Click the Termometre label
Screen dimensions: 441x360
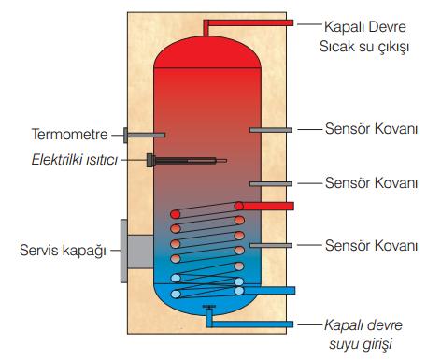click(x=70, y=135)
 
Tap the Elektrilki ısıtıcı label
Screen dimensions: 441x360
click(x=75, y=160)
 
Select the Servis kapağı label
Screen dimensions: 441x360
click(x=63, y=251)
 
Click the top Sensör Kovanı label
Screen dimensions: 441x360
click(x=371, y=129)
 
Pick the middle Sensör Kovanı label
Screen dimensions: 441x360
click(x=371, y=183)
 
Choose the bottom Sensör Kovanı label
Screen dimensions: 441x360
click(x=371, y=246)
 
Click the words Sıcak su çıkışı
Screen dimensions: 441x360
click(x=364, y=47)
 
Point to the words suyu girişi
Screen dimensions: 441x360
click(x=361, y=344)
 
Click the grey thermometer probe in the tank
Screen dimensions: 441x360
click(x=145, y=135)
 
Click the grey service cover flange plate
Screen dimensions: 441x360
click(x=124, y=251)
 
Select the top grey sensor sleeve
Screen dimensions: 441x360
click(x=271, y=130)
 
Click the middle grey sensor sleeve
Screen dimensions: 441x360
click(x=271, y=184)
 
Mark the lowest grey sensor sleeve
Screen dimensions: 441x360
click(x=271, y=246)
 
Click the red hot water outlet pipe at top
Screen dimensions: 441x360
click(x=249, y=22)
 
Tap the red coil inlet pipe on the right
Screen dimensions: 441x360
click(x=268, y=206)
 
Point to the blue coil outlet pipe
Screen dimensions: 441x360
click(x=268, y=291)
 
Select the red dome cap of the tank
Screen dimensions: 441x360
click(x=207, y=52)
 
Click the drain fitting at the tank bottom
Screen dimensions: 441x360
click(x=208, y=307)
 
